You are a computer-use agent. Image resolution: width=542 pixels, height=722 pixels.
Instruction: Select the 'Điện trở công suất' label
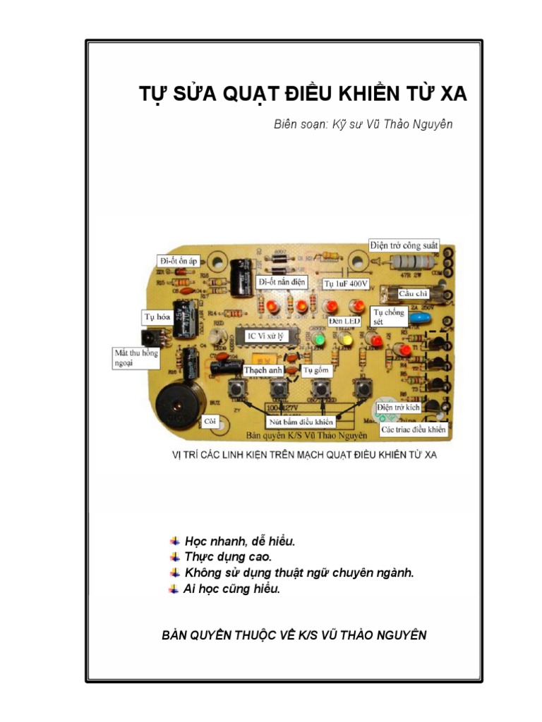404,245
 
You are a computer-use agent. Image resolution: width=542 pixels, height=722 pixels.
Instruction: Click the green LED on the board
319,339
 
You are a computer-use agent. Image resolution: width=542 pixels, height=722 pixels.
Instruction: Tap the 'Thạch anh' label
263,369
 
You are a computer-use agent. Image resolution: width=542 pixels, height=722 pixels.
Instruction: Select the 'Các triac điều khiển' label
414,429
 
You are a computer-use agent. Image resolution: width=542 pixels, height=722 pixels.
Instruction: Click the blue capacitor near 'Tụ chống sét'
422,319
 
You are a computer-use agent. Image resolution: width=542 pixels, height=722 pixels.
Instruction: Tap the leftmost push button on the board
236,388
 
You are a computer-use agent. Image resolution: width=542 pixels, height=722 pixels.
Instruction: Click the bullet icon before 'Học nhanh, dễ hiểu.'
174,541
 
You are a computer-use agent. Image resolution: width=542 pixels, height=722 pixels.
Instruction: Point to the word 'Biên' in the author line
286,124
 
